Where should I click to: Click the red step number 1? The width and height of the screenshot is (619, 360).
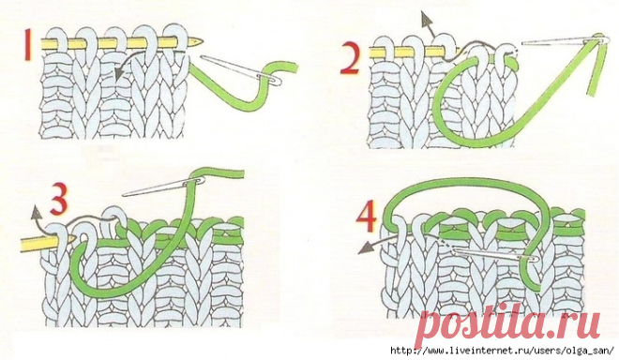(27, 46)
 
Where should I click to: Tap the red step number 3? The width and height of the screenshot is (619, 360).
(58, 201)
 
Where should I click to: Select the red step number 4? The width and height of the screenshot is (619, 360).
(366, 218)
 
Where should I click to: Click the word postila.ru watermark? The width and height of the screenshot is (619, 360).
(508, 324)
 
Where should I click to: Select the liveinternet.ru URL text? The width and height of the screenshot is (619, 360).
(502, 351)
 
